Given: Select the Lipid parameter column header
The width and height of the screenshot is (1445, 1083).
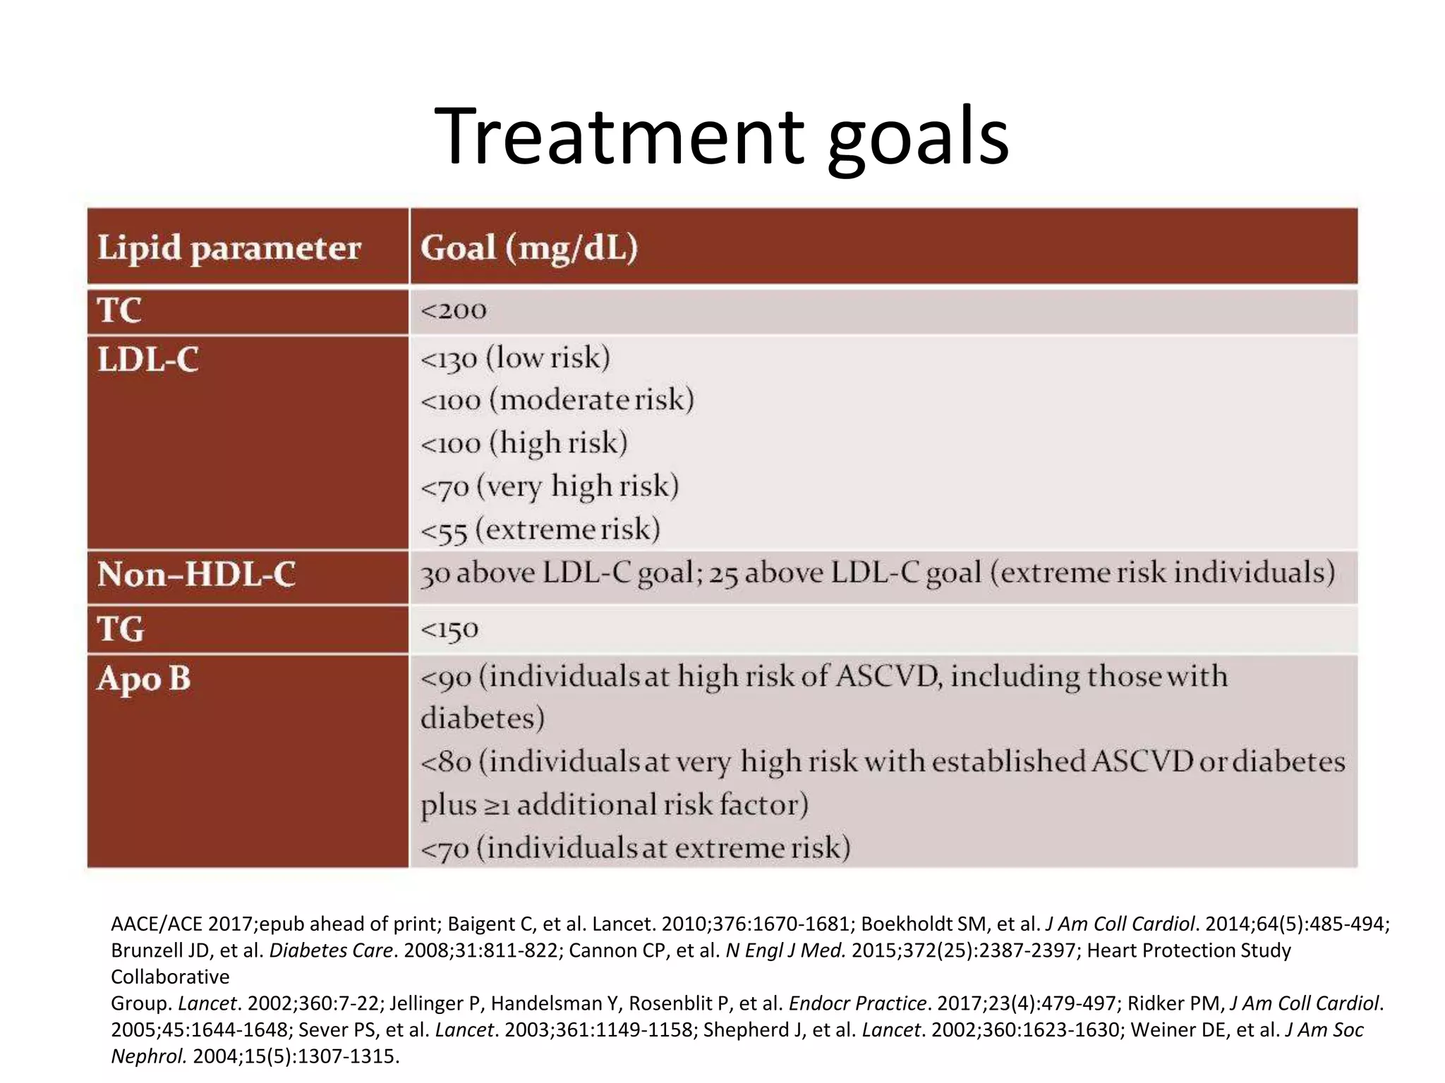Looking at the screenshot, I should (229, 248).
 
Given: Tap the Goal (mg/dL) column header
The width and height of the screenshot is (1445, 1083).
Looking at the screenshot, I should (528, 248).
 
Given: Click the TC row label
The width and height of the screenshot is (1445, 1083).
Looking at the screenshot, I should (119, 310).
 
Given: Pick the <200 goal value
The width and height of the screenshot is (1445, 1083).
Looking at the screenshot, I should (453, 310).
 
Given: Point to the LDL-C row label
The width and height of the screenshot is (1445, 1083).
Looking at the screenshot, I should (148, 360).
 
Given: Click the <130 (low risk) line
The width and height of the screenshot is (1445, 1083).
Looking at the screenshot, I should (515, 358).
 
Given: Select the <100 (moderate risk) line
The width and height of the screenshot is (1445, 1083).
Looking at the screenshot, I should (557, 400).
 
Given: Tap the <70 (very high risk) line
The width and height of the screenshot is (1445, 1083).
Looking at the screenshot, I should (549, 487).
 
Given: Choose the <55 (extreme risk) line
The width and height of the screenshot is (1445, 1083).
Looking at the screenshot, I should (540, 530).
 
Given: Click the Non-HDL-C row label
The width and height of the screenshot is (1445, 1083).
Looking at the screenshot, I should (196, 574).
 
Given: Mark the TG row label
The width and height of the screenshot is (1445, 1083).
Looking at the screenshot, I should (121, 628).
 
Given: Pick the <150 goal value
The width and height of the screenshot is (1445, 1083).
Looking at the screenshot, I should (449, 629).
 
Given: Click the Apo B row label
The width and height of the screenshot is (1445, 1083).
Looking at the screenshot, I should (144, 678).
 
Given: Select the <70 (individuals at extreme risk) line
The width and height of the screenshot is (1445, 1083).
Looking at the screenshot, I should (635, 848).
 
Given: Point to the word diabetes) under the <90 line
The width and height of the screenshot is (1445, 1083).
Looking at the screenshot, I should (483, 718).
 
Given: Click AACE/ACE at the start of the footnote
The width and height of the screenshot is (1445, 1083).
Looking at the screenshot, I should (157, 924).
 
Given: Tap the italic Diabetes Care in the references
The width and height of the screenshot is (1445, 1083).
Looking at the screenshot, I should (330, 950).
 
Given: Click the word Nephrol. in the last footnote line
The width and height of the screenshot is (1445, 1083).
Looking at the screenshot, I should (149, 1056).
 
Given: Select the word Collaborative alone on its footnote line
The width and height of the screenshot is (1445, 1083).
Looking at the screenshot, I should (170, 977).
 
